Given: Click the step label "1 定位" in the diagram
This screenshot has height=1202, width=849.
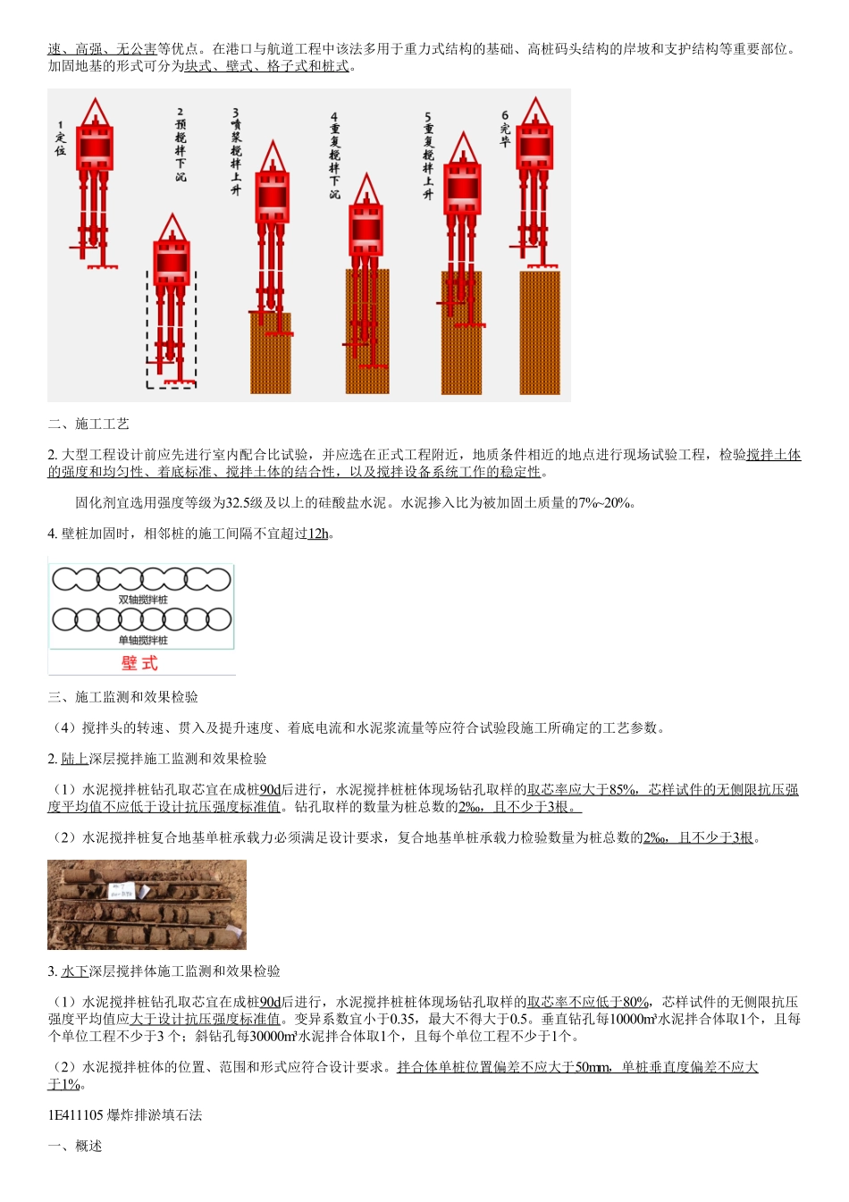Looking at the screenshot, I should click(x=60, y=139).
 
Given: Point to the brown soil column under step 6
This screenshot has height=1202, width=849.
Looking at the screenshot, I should click(x=540, y=332).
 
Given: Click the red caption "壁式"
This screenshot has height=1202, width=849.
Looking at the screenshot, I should click(x=139, y=663).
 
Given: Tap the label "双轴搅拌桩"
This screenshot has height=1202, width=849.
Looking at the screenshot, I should click(x=143, y=600).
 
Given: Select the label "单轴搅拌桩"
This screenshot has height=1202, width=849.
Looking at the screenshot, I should click(x=143, y=640).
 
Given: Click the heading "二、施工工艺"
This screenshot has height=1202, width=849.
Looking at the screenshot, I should click(x=88, y=424).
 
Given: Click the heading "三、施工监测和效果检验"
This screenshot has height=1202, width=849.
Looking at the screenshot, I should click(x=123, y=697).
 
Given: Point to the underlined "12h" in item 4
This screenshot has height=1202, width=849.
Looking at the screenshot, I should click(x=318, y=534).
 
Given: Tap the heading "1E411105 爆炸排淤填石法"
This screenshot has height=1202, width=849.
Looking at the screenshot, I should click(x=125, y=1115).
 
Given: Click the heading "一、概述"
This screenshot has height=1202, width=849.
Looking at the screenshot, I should click(x=75, y=1146).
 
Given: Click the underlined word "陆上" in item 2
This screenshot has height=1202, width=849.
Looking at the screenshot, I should click(x=75, y=759).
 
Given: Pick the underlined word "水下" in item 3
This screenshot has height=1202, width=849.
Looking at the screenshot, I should click(x=75, y=971).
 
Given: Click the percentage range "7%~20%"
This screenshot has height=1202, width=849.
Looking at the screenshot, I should click(x=607, y=503).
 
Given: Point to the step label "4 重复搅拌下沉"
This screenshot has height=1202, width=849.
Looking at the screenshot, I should click(x=334, y=155).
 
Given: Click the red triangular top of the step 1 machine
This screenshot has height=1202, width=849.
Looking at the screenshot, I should click(x=95, y=113).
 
